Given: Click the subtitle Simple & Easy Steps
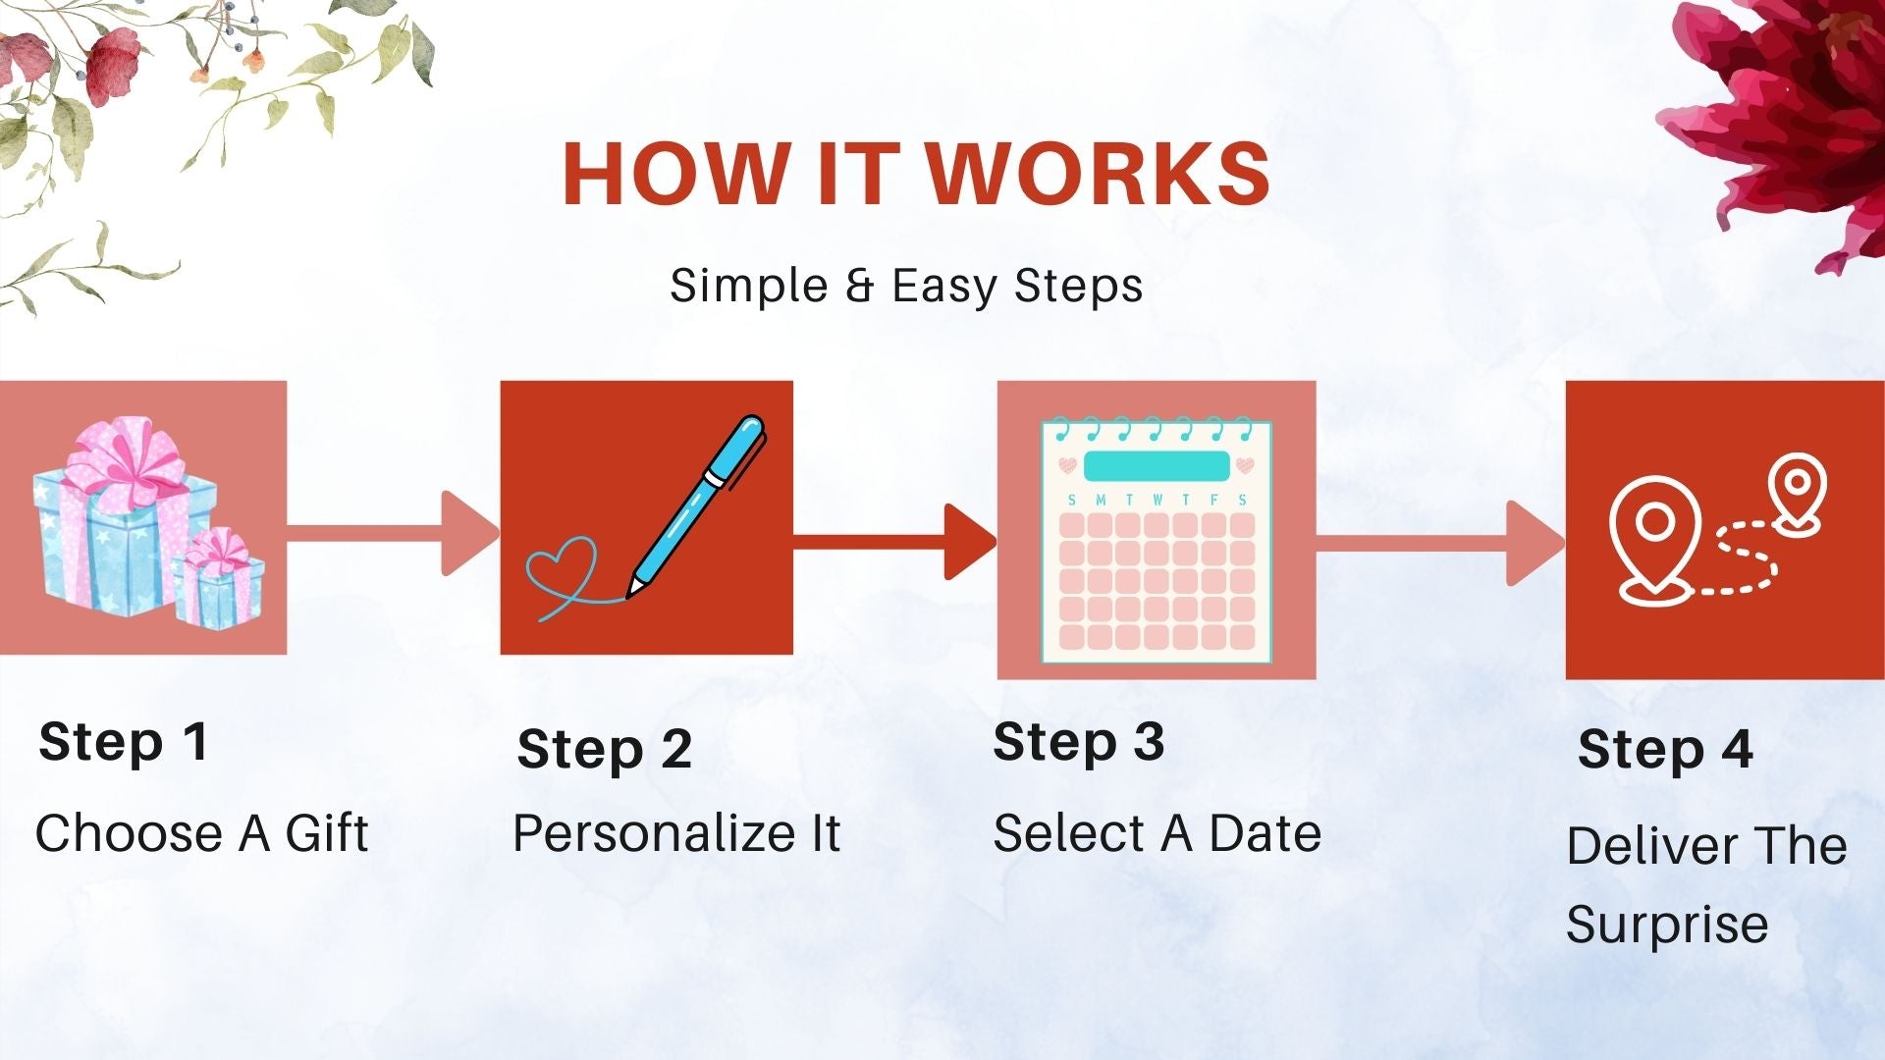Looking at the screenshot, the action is click(906, 287).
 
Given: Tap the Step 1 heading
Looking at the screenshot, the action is click(124, 742).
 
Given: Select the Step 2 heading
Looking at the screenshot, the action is click(605, 750).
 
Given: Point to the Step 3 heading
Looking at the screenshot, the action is click(1079, 742).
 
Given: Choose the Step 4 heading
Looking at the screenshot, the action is click(1666, 750).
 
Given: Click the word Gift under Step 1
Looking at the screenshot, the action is click(327, 833).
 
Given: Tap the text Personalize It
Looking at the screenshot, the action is click(676, 833).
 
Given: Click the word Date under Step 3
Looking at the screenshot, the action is click(1266, 833).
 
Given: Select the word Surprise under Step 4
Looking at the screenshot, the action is click(1667, 926).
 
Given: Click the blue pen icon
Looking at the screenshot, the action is click(695, 504).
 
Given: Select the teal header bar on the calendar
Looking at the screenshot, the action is click(1156, 466).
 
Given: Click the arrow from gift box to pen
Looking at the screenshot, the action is click(394, 533).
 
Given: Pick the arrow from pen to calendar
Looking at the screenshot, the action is click(895, 542).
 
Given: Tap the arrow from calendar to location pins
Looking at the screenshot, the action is click(1440, 544).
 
